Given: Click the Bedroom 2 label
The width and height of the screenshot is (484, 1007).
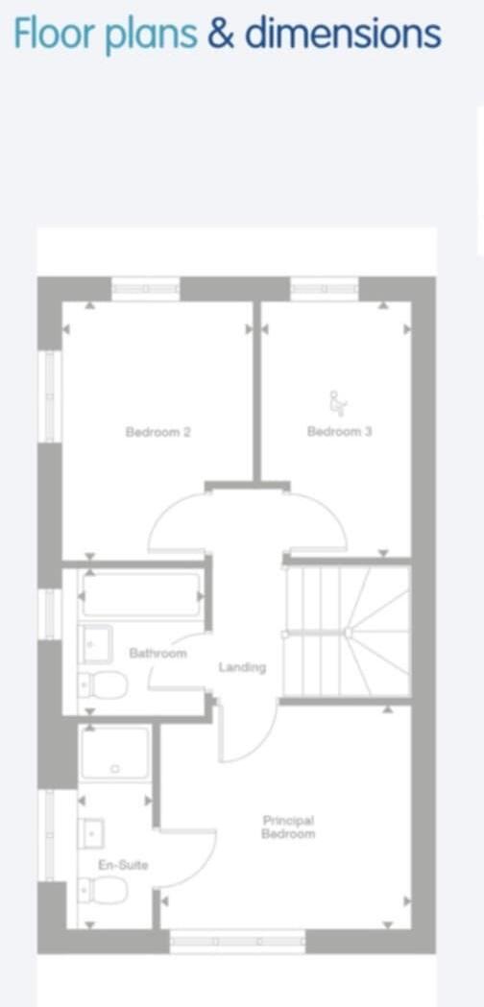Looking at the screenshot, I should tap(157, 432).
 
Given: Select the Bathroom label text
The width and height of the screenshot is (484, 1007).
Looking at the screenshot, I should tap(157, 653).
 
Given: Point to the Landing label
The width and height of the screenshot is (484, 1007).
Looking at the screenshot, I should tap(241, 667).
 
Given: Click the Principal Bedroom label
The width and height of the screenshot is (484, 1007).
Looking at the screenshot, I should tap(288, 827).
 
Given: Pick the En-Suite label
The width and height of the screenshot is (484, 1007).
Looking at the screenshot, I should tap(124, 865).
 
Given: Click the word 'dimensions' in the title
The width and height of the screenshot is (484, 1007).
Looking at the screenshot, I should tap(342, 35).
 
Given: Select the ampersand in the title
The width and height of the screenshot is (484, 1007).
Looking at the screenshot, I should tap(220, 35).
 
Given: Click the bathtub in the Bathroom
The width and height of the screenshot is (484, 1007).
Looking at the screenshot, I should tap(142, 595).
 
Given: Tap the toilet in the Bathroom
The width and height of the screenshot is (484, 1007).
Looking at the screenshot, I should tap(104, 686).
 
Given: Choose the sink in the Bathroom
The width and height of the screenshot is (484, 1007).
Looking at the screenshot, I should tap(95, 644).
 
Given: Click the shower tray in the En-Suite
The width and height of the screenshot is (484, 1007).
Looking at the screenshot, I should tap(115, 754).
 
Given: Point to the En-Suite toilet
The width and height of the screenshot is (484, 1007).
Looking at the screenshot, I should tap(104, 891).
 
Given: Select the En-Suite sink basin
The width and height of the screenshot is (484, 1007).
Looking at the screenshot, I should tap(92, 833).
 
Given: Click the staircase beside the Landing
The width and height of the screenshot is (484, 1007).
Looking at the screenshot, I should tap(348, 632).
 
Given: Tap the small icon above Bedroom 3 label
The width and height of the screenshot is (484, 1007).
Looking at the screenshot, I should tap(337, 400).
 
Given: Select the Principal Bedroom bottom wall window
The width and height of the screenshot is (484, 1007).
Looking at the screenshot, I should tap(237, 942).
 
